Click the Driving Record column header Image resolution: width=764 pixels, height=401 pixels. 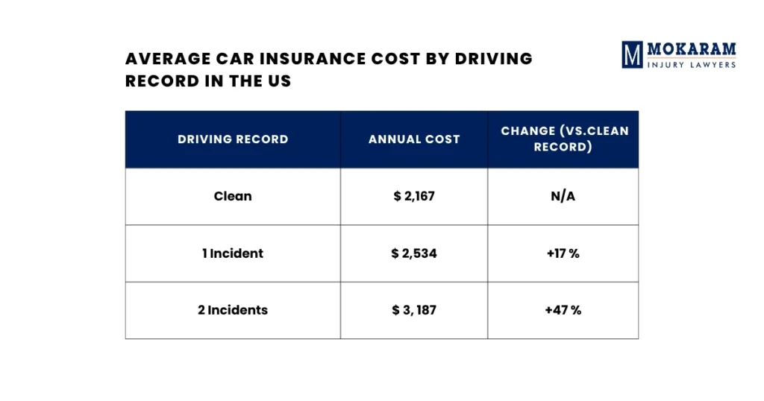[x=233, y=139]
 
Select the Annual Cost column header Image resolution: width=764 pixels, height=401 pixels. [x=414, y=139]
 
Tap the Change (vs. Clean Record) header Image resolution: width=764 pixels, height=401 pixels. [x=564, y=139]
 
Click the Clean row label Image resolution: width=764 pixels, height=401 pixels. [x=233, y=197]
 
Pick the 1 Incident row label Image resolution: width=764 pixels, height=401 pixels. [x=233, y=253]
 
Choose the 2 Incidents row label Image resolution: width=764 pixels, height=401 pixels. [x=233, y=310]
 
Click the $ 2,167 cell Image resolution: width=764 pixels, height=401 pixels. [x=414, y=197]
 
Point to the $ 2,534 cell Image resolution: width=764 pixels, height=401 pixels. [x=414, y=253]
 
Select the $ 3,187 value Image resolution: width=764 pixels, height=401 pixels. [x=414, y=310]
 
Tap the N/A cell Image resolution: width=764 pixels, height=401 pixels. [x=563, y=197]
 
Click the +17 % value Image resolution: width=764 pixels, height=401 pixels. [x=563, y=253]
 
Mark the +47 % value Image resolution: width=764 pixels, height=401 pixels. [x=563, y=310]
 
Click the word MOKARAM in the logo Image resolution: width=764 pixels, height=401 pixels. [x=692, y=50]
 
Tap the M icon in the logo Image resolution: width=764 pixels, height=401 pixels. [x=633, y=55]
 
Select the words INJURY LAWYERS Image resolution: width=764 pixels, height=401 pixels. [x=692, y=65]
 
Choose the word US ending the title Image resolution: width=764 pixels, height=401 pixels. [x=279, y=81]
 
